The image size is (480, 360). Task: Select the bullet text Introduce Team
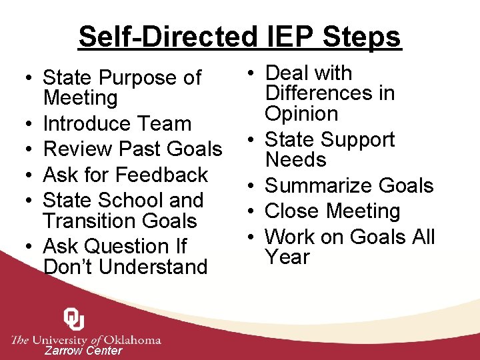[x=117, y=123]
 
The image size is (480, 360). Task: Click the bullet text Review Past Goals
[x=132, y=149]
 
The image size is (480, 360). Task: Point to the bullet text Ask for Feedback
[x=125, y=175]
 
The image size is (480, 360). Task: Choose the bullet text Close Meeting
[x=332, y=211]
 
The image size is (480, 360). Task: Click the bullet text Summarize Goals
[x=349, y=185]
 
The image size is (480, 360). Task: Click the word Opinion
[x=301, y=113]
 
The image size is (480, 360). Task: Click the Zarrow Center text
[x=83, y=351]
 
